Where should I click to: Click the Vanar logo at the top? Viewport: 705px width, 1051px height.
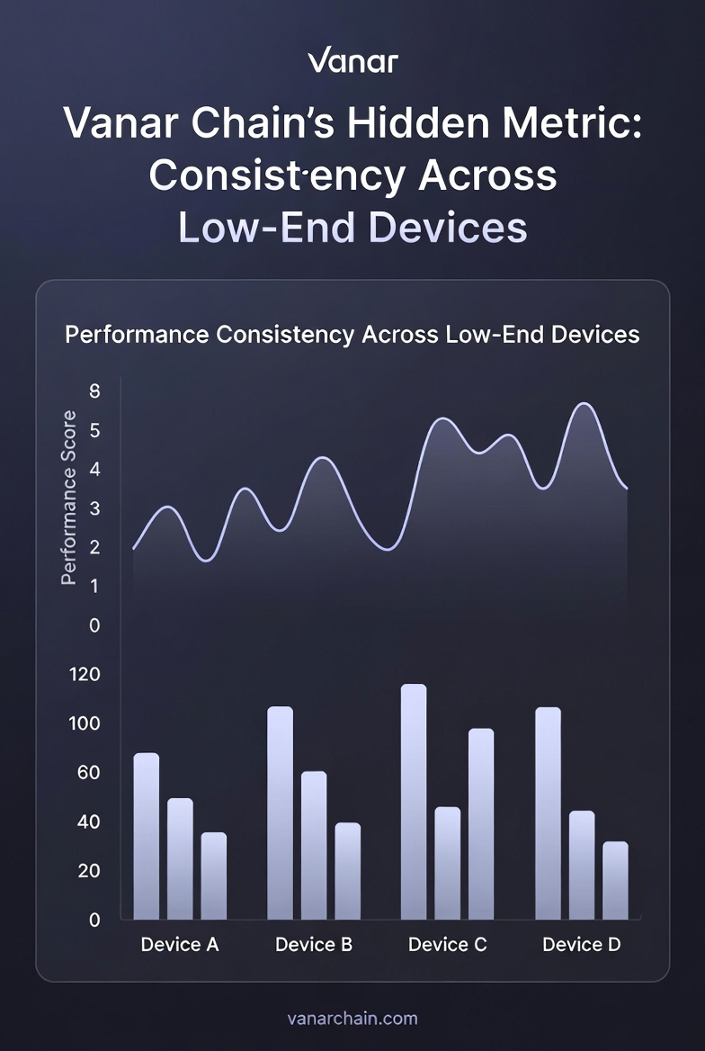pyautogui.click(x=352, y=62)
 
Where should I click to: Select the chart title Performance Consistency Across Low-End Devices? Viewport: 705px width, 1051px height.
pyautogui.click(x=352, y=335)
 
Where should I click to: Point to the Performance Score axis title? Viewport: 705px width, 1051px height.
pyautogui.click(x=68, y=498)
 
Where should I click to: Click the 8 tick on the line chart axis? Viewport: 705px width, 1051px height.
pyautogui.click(x=94, y=391)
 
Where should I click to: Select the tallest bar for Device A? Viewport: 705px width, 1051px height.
pyautogui.click(x=146, y=836)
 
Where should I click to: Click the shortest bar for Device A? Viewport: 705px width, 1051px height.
pyautogui.click(x=214, y=876)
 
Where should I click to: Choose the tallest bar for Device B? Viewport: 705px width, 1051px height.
pyautogui.click(x=280, y=813)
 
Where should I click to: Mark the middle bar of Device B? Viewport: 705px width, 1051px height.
pyautogui.click(x=314, y=845)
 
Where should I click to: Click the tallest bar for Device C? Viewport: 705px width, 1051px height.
pyautogui.click(x=414, y=802)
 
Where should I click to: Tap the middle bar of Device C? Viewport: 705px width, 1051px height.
pyautogui.click(x=447, y=863)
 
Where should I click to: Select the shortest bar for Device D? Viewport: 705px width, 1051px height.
pyautogui.click(x=615, y=880)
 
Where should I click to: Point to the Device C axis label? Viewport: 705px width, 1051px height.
pyautogui.click(x=447, y=945)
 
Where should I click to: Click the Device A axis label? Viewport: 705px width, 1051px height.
pyautogui.click(x=180, y=945)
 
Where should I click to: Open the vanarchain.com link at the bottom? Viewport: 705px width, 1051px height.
pyautogui.click(x=352, y=1019)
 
